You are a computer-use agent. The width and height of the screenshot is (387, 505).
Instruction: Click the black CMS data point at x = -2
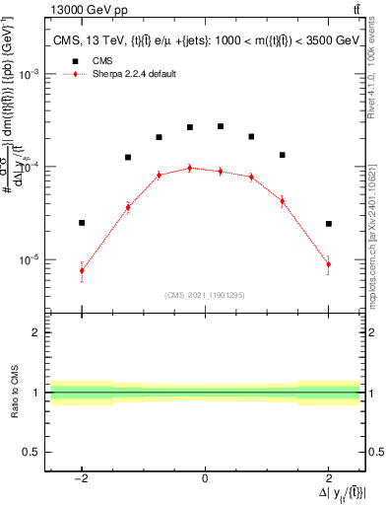[x=82, y=223]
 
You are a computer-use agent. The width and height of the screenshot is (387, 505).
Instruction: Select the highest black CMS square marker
[x=221, y=126]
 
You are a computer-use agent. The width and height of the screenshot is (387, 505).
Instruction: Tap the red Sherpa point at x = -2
[x=82, y=270]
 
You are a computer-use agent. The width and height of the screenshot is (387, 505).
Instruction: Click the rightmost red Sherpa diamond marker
[x=328, y=264]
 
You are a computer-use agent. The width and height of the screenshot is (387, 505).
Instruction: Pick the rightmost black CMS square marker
[x=328, y=224]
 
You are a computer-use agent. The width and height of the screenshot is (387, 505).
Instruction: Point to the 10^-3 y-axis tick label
[x=32, y=75]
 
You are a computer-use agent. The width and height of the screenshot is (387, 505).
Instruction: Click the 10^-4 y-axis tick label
[x=32, y=168]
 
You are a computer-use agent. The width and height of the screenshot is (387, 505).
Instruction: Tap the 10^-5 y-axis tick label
[x=32, y=260]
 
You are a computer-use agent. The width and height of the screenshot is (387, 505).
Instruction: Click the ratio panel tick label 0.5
[x=32, y=452]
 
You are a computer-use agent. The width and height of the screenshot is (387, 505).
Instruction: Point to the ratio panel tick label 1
[x=36, y=393]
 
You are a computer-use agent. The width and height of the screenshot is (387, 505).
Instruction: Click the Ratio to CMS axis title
[x=16, y=393]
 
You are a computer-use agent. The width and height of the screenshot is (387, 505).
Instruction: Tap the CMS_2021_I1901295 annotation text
[x=205, y=295]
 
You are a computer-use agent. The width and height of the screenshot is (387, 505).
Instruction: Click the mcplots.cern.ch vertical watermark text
[x=375, y=237]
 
